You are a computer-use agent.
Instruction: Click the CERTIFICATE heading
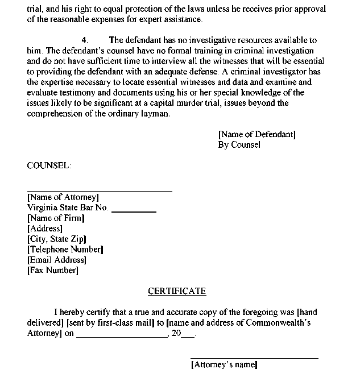(x=177, y=291)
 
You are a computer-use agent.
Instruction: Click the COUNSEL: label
(x=49, y=165)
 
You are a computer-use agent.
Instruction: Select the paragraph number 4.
(x=85, y=40)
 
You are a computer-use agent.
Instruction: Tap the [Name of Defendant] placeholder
(x=256, y=134)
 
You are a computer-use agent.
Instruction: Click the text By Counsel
(x=239, y=144)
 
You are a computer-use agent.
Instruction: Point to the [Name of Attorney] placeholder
(x=63, y=197)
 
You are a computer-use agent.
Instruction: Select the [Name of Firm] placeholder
(x=56, y=218)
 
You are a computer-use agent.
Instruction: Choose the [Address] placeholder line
(x=45, y=229)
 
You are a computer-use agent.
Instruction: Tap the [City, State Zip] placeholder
(x=57, y=239)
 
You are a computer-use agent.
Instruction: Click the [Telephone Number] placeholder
(x=65, y=249)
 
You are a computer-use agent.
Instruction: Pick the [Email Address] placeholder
(x=57, y=260)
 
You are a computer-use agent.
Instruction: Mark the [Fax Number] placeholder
(x=53, y=270)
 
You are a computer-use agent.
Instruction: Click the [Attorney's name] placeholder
(x=224, y=364)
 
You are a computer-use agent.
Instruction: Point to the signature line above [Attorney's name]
(x=254, y=358)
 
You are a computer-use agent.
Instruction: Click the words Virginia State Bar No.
(x=68, y=208)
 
